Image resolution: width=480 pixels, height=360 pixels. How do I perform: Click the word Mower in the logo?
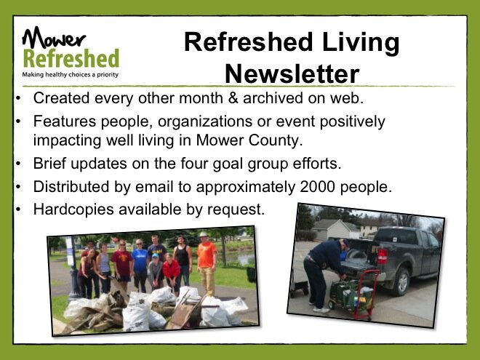54,37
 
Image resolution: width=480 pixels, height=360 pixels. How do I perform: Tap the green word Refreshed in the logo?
71,58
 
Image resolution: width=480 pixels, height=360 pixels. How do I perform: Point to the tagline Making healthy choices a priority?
70,75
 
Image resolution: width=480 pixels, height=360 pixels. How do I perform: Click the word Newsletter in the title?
292,73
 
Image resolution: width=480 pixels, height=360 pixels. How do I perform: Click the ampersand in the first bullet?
233,98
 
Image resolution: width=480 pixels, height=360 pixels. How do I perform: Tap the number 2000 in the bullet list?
317,187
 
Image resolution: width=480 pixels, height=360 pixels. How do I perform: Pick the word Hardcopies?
73,210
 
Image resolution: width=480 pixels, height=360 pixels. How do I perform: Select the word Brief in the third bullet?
49,163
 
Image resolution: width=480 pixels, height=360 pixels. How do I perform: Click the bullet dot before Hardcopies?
18,209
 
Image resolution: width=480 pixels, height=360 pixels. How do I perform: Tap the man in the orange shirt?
206,263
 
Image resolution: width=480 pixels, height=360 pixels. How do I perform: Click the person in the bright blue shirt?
140,265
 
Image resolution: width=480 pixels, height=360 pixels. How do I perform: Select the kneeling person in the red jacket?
172,273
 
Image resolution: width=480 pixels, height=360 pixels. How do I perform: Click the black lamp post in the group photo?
73,269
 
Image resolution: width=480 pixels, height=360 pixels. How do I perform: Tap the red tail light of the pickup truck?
382,256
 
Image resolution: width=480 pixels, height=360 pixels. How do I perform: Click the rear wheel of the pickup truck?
401,281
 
